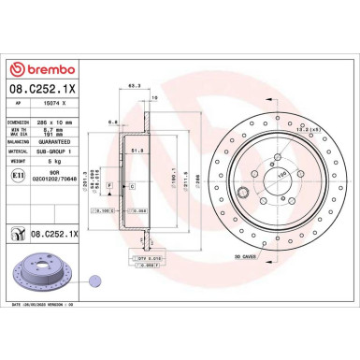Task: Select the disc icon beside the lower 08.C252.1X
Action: tap(17, 233)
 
